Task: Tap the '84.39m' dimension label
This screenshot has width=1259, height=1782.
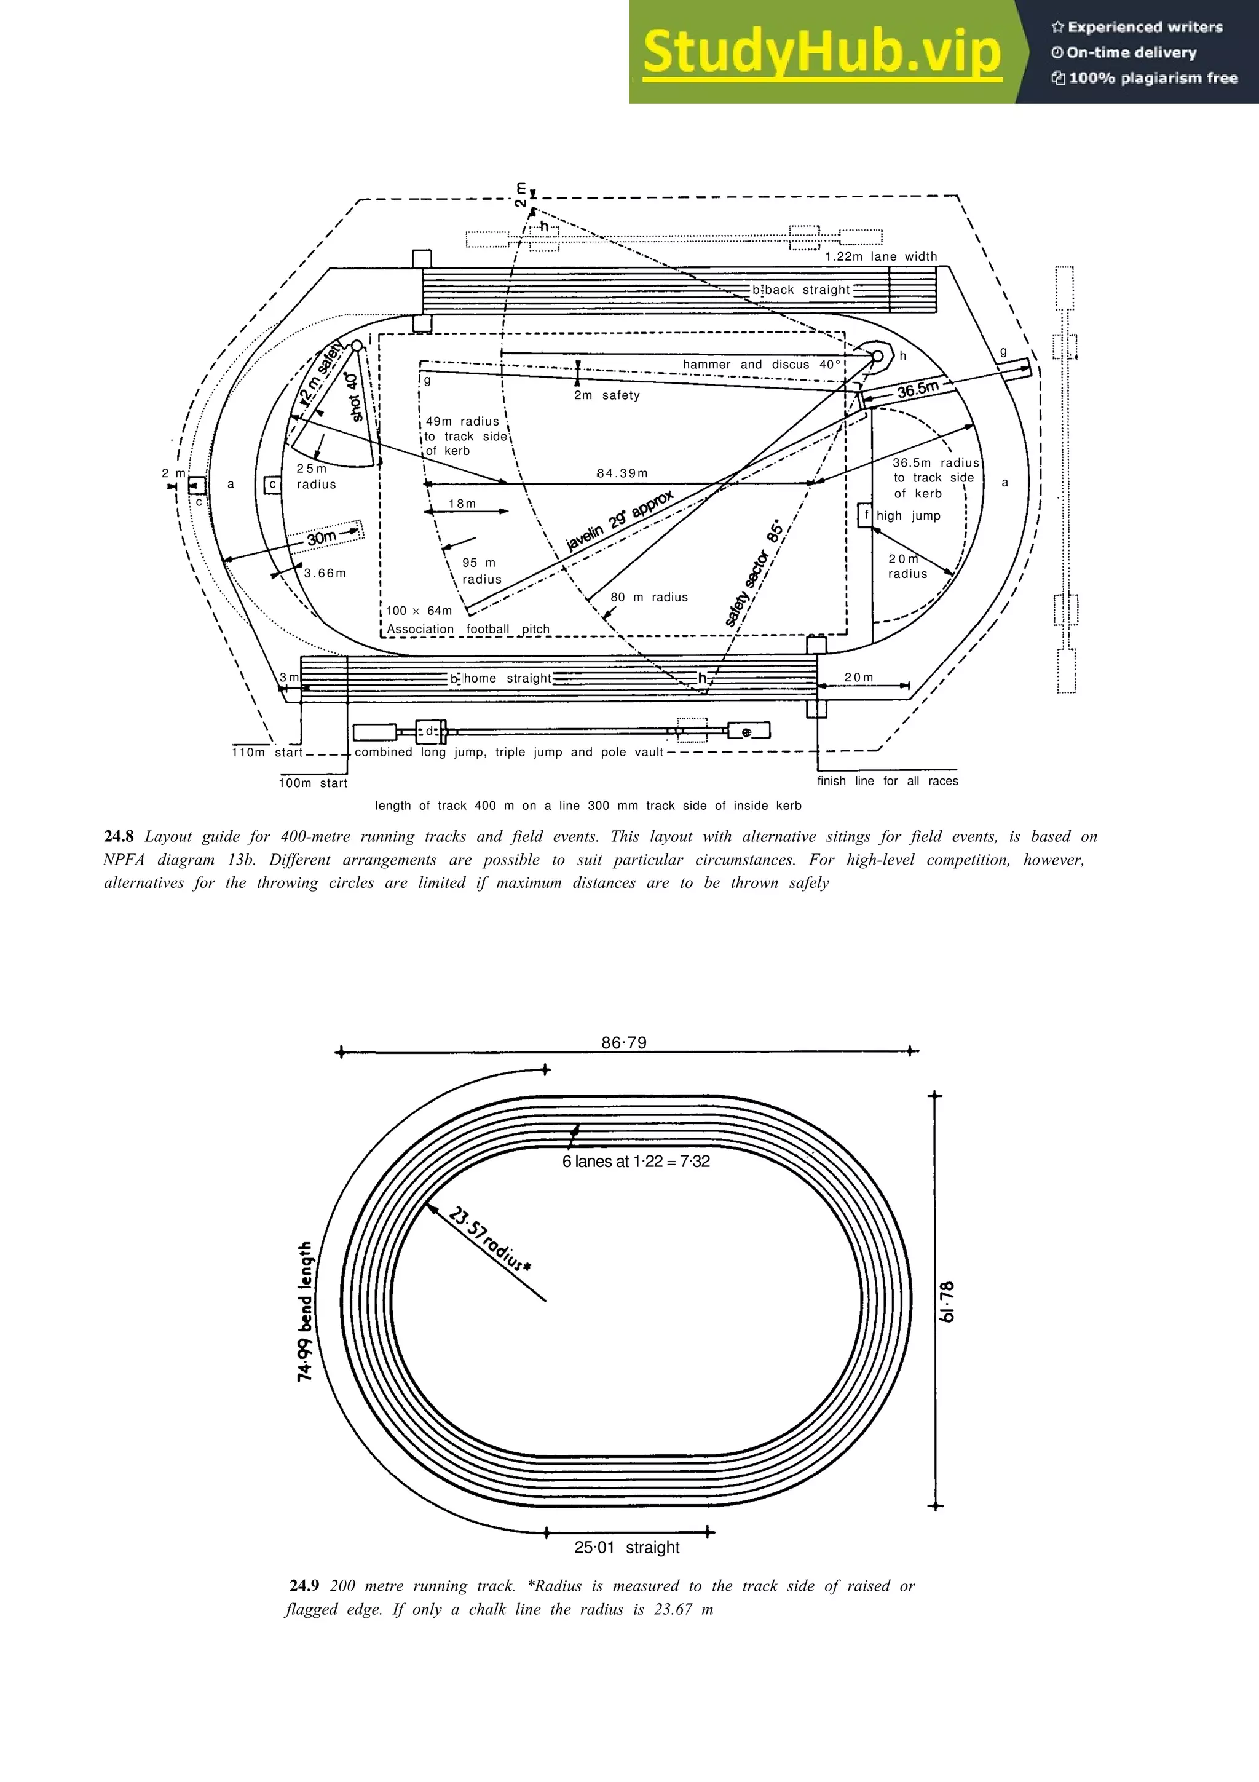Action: (x=622, y=473)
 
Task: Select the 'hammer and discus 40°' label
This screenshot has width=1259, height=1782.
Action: (x=761, y=365)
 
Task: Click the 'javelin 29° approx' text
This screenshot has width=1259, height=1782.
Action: (x=620, y=521)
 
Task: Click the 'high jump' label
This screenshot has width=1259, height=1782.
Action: (x=909, y=516)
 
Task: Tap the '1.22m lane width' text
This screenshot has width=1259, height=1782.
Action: (x=880, y=257)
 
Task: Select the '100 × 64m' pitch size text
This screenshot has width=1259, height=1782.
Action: (x=419, y=611)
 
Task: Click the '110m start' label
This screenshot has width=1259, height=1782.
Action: (x=267, y=752)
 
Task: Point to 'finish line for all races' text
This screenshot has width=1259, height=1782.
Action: (x=888, y=781)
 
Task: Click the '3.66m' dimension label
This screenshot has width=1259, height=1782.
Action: (x=325, y=574)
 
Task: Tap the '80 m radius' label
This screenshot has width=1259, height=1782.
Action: (x=649, y=597)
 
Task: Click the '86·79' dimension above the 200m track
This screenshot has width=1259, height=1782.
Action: (x=624, y=1042)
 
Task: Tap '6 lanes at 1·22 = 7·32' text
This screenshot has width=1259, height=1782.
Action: (x=636, y=1161)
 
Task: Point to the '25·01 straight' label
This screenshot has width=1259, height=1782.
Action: (x=627, y=1547)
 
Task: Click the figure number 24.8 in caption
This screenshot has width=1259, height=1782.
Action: (x=119, y=837)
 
